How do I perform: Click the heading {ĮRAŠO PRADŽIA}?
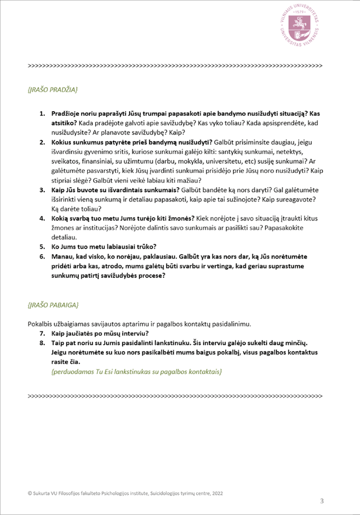[52, 90]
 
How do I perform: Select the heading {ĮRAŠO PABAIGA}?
[52, 305]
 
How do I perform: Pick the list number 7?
[43, 334]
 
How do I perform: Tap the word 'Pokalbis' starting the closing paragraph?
[39, 324]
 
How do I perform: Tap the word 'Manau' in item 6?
[61, 256]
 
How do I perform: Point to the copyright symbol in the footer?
[29, 492]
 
